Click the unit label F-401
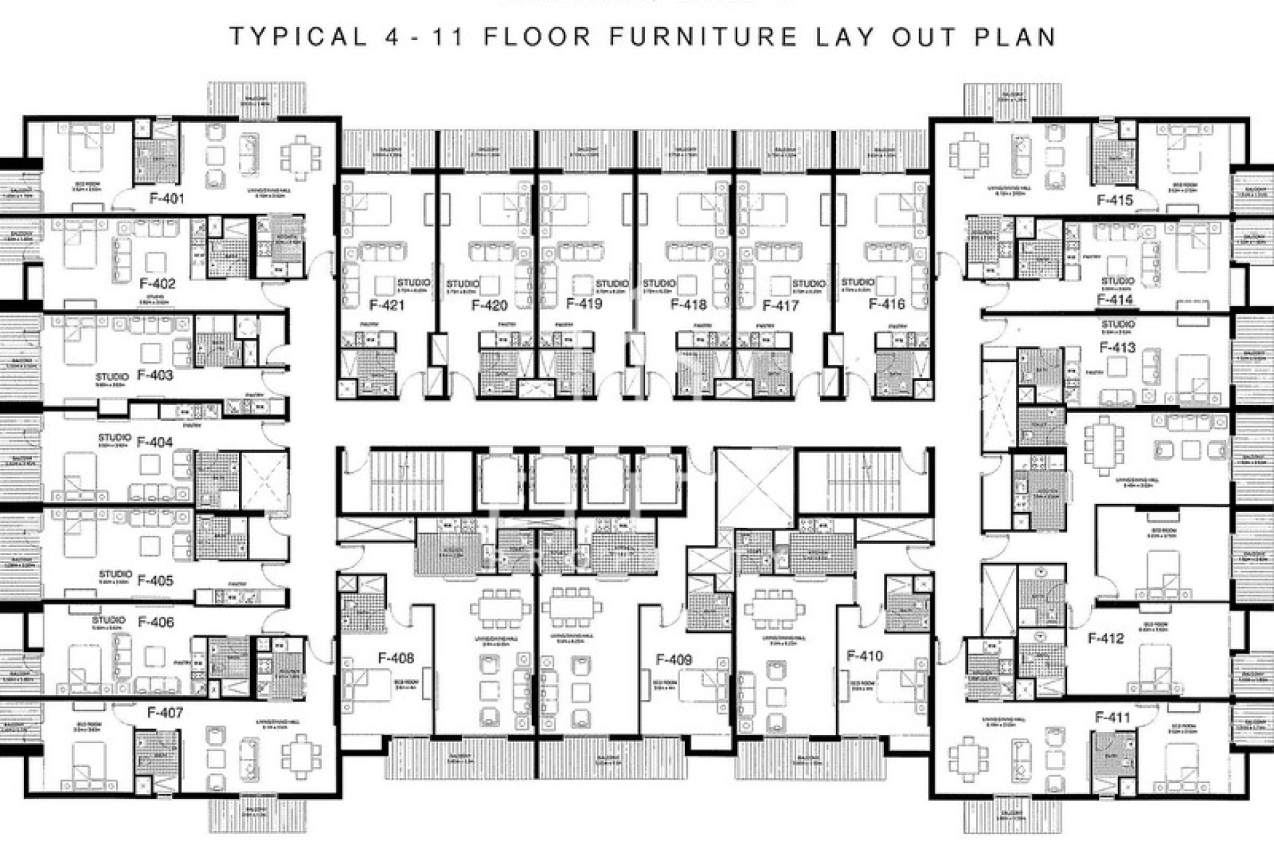pos(167,198)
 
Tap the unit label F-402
pos(158,284)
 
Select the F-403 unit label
pos(155,375)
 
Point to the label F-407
pos(165,713)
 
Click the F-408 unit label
pos(395,658)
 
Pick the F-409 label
pos(673,659)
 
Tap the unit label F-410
pos(865,656)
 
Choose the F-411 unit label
pos(1112,717)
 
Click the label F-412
pos(1105,639)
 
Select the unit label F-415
pos(1115,200)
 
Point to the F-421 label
pos(386,305)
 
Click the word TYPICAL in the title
pos(299,37)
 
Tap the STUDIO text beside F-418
pos(658,284)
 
